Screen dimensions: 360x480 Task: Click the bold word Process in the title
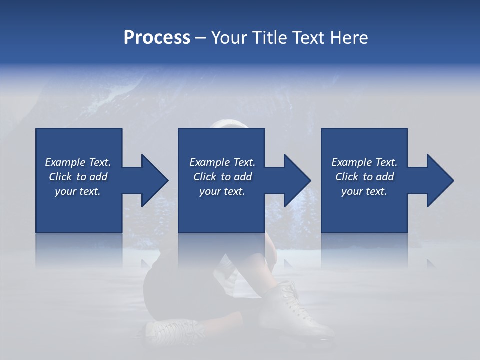pos(157,38)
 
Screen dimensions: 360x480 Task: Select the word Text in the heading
pos(310,38)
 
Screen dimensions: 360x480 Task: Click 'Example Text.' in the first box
pos(78,162)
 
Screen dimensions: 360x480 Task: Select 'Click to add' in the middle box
pos(222,177)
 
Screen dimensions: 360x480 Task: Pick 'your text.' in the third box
pos(364,191)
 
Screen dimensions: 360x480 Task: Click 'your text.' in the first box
pos(78,191)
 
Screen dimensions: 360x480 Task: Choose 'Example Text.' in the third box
pos(364,162)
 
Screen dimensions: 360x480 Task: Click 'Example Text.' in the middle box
pos(222,162)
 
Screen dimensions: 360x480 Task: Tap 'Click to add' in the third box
pos(364,177)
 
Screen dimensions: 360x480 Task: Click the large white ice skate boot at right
pos(295,310)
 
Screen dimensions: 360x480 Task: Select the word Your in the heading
pos(230,38)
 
